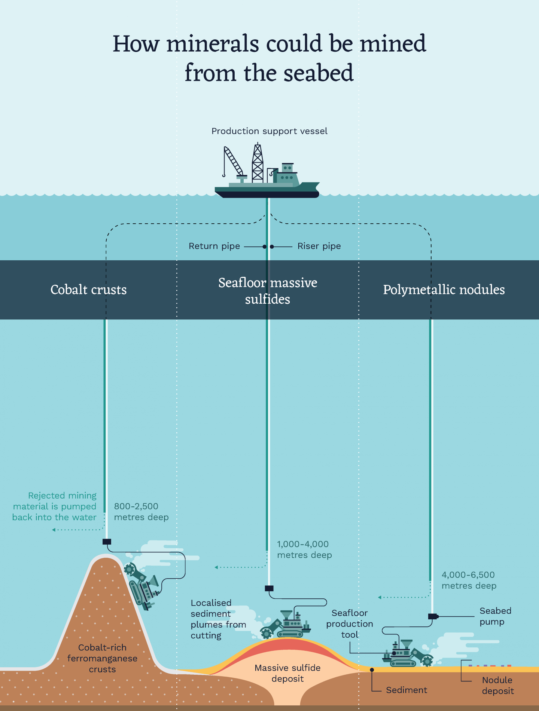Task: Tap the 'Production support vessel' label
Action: (x=269, y=131)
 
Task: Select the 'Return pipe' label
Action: (x=214, y=246)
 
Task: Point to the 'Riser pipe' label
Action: (x=319, y=246)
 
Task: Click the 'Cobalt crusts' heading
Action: (x=88, y=290)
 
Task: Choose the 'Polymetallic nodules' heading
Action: (x=444, y=290)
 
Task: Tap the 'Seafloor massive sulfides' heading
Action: (x=268, y=291)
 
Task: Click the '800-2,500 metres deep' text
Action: (x=141, y=512)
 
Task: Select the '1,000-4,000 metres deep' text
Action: (x=304, y=549)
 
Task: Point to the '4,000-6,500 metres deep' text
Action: (x=469, y=580)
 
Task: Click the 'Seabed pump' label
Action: (x=495, y=616)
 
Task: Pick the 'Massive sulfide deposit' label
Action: (x=287, y=673)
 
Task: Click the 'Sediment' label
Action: (x=406, y=690)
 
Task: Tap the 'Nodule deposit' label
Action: (x=498, y=685)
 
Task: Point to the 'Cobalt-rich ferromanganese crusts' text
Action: (x=102, y=658)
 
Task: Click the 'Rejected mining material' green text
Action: (x=55, y=506)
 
